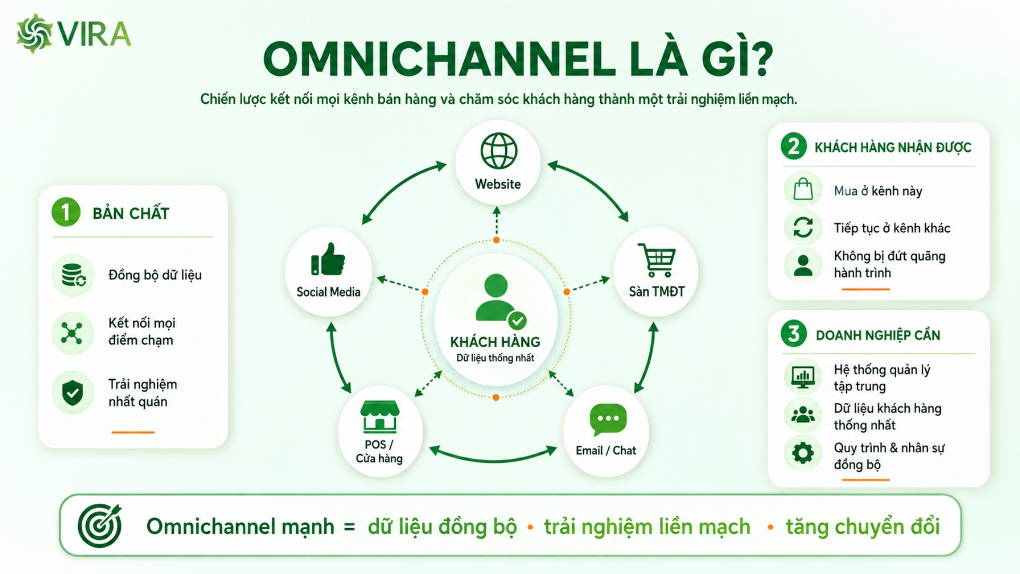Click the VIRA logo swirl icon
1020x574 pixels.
coord(35,33)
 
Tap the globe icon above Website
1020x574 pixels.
coord(499,151)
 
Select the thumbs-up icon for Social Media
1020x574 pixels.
coord(328,259)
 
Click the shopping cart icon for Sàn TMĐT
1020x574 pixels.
coord(657,260)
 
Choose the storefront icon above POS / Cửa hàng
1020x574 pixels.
coord(380,416)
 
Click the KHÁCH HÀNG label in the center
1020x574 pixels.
coord(495,342)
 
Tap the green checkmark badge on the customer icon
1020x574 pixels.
coord(517,321)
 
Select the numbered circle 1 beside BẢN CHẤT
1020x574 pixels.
coord(66,212)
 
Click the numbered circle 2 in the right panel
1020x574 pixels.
coord(794,146)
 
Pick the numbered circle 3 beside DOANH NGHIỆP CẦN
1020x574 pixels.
coord(794,334)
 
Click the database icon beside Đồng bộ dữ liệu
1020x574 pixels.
coord(73,275)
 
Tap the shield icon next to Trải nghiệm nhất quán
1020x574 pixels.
coord(73,393)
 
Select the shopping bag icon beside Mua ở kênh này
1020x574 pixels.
coord(803,189)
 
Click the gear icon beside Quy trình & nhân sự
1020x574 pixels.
coord(803,453)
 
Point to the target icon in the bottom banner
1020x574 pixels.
coord(100,526)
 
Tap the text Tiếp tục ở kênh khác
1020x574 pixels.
coord(892,228)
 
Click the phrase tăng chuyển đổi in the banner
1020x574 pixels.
coord(863,527)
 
